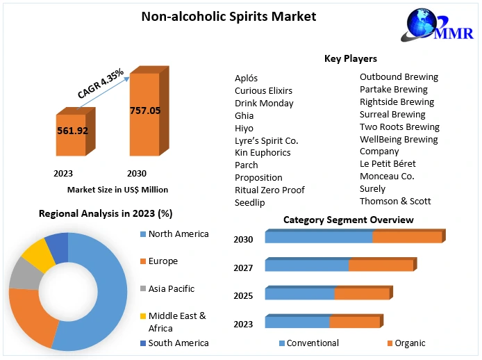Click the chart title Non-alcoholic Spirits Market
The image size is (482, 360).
pos(228,16)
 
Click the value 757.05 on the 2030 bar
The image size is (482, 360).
pos(144,111)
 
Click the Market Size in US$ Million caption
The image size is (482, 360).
pos(117,190)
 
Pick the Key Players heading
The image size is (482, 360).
pos(351,59)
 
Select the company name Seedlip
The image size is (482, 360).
pos(249,202)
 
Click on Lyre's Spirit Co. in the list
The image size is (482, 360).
pos(266,140)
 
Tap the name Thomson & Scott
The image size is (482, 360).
pos(395,201)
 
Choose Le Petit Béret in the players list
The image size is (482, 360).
pos(388,164)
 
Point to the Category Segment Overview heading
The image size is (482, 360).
pos(348,220)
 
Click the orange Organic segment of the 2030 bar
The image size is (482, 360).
pos(407,238)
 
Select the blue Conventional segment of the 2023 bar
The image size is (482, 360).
pos(297,322)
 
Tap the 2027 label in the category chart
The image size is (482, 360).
pos(243,268)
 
